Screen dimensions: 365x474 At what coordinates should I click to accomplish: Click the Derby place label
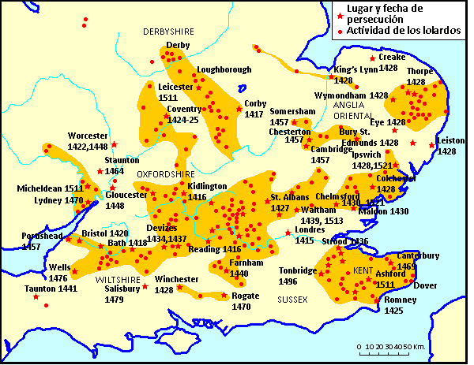(x=178, y=46)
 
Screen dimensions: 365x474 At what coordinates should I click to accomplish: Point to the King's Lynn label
(x=355, y=69)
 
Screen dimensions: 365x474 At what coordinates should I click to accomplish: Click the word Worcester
(x=87, y=135)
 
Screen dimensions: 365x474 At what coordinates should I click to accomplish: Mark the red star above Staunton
(x=114, y=144)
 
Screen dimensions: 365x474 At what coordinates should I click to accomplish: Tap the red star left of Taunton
(x=36, y=296)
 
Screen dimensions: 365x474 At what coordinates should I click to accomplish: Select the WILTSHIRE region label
(x=118, y=280)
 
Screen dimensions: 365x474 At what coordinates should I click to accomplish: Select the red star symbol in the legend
(x=340, y=16)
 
